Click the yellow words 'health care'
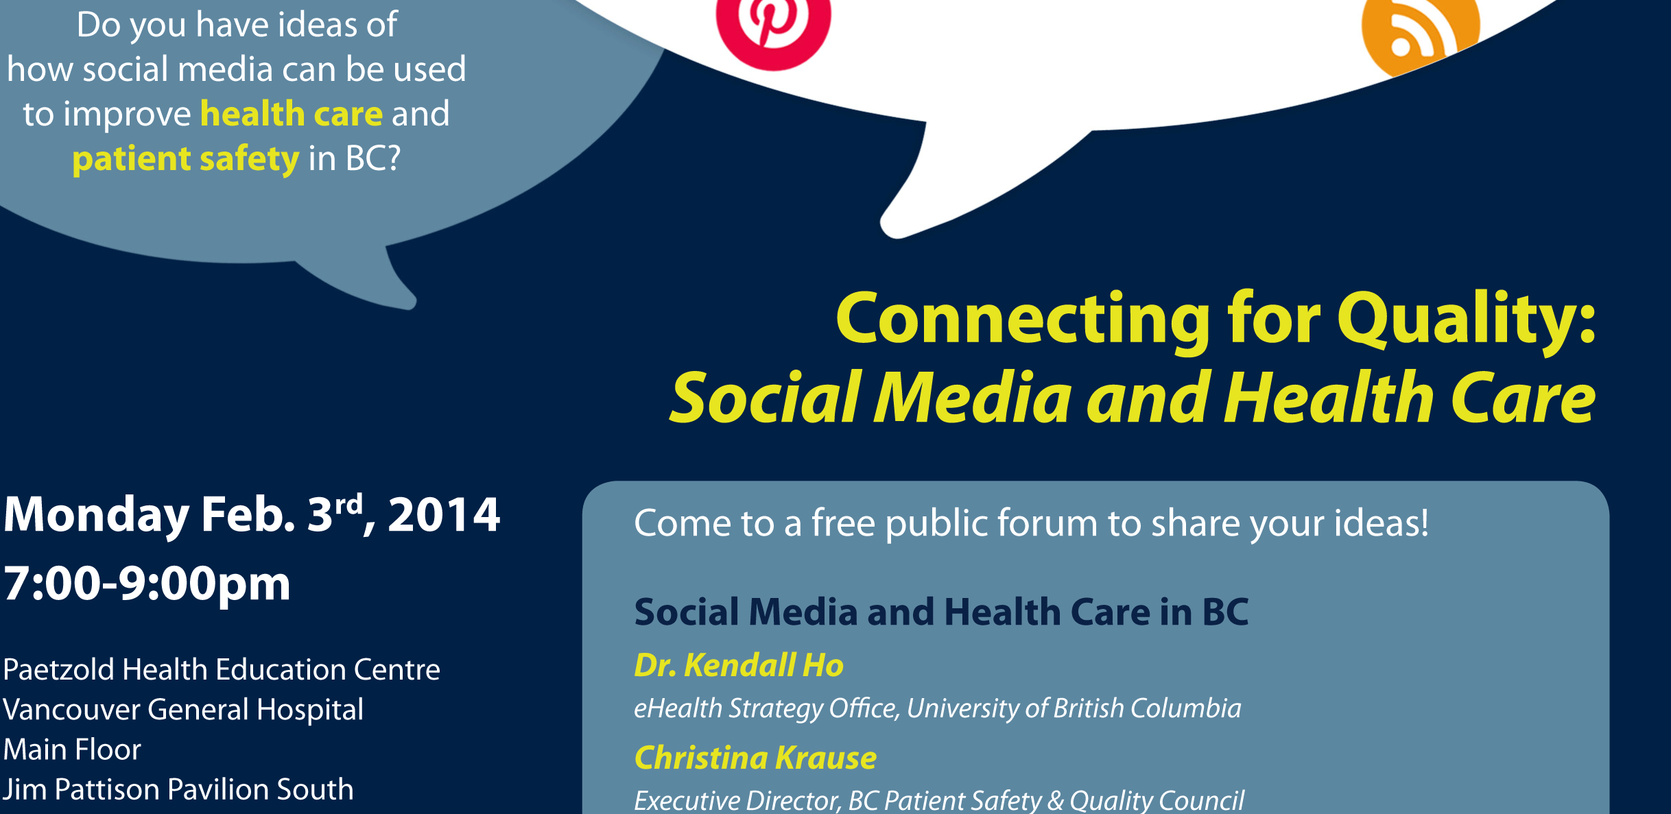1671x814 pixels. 292,113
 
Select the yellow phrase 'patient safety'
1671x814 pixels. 186,159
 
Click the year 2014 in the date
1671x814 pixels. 444,515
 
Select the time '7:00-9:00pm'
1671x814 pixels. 147,585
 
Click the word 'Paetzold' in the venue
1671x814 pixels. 60,669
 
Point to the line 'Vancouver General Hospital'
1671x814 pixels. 183,710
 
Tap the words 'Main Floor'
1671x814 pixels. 72,750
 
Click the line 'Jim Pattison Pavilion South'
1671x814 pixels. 178,789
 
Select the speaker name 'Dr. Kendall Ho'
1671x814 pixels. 739,665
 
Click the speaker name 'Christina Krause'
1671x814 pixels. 755,758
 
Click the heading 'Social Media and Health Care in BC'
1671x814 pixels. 941,612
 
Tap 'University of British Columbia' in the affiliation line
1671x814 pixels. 1074,708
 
